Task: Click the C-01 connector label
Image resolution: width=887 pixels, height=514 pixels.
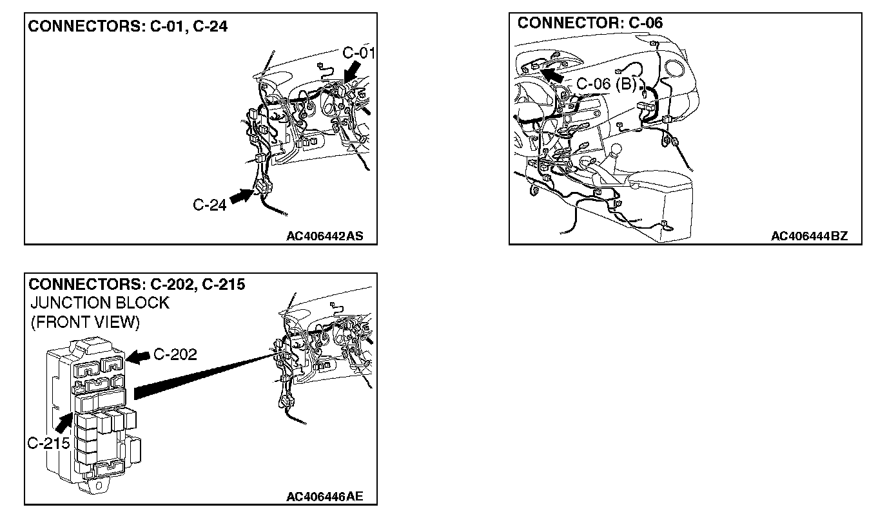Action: [358, 53]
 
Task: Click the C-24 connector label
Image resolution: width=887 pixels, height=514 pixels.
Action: [210, 205]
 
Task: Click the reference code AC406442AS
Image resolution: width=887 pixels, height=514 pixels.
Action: [325, 236]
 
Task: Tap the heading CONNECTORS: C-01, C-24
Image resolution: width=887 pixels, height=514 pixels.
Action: [128, 27]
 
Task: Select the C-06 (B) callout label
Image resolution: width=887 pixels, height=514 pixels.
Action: [605, 84]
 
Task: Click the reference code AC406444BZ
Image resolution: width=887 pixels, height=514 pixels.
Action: [809, 236]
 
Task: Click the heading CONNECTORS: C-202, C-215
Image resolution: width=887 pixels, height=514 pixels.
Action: [137, 284]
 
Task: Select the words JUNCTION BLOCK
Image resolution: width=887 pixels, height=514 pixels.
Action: [99, 303]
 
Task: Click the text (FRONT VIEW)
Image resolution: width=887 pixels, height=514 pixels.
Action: [85, 322]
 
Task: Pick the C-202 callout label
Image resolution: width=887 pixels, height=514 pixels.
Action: [175, 354]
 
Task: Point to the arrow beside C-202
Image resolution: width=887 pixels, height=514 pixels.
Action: [139, 356]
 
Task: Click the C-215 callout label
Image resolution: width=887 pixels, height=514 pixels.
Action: [48, 444]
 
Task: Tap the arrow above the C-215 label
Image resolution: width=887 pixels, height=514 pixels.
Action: [63, 423]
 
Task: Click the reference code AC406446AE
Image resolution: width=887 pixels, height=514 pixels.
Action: [324, 497]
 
